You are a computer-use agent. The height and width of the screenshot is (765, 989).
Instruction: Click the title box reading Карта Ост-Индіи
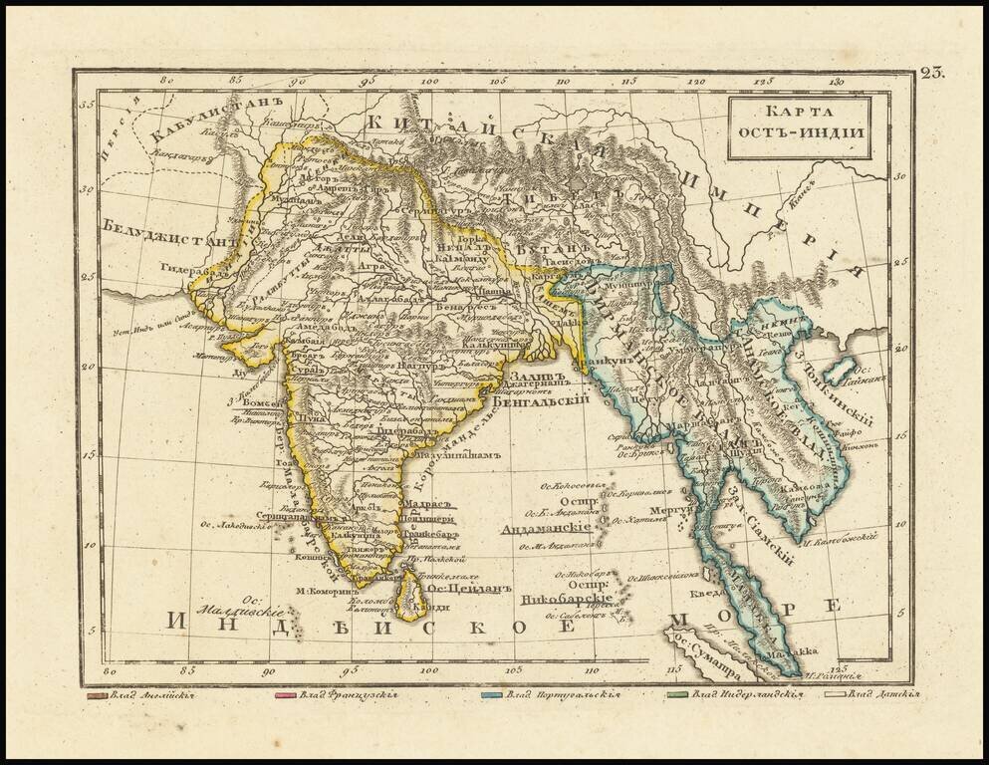click(x=798, y=127)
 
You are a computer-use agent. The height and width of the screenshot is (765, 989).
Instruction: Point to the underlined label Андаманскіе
click(x=552, y=529)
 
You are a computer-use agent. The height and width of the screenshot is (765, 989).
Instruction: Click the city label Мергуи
click(x=673, y=509)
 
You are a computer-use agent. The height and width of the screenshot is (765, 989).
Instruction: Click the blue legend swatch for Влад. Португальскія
click(x=491, y=695)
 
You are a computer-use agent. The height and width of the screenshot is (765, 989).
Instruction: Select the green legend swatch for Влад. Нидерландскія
click(x=674, y=695)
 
